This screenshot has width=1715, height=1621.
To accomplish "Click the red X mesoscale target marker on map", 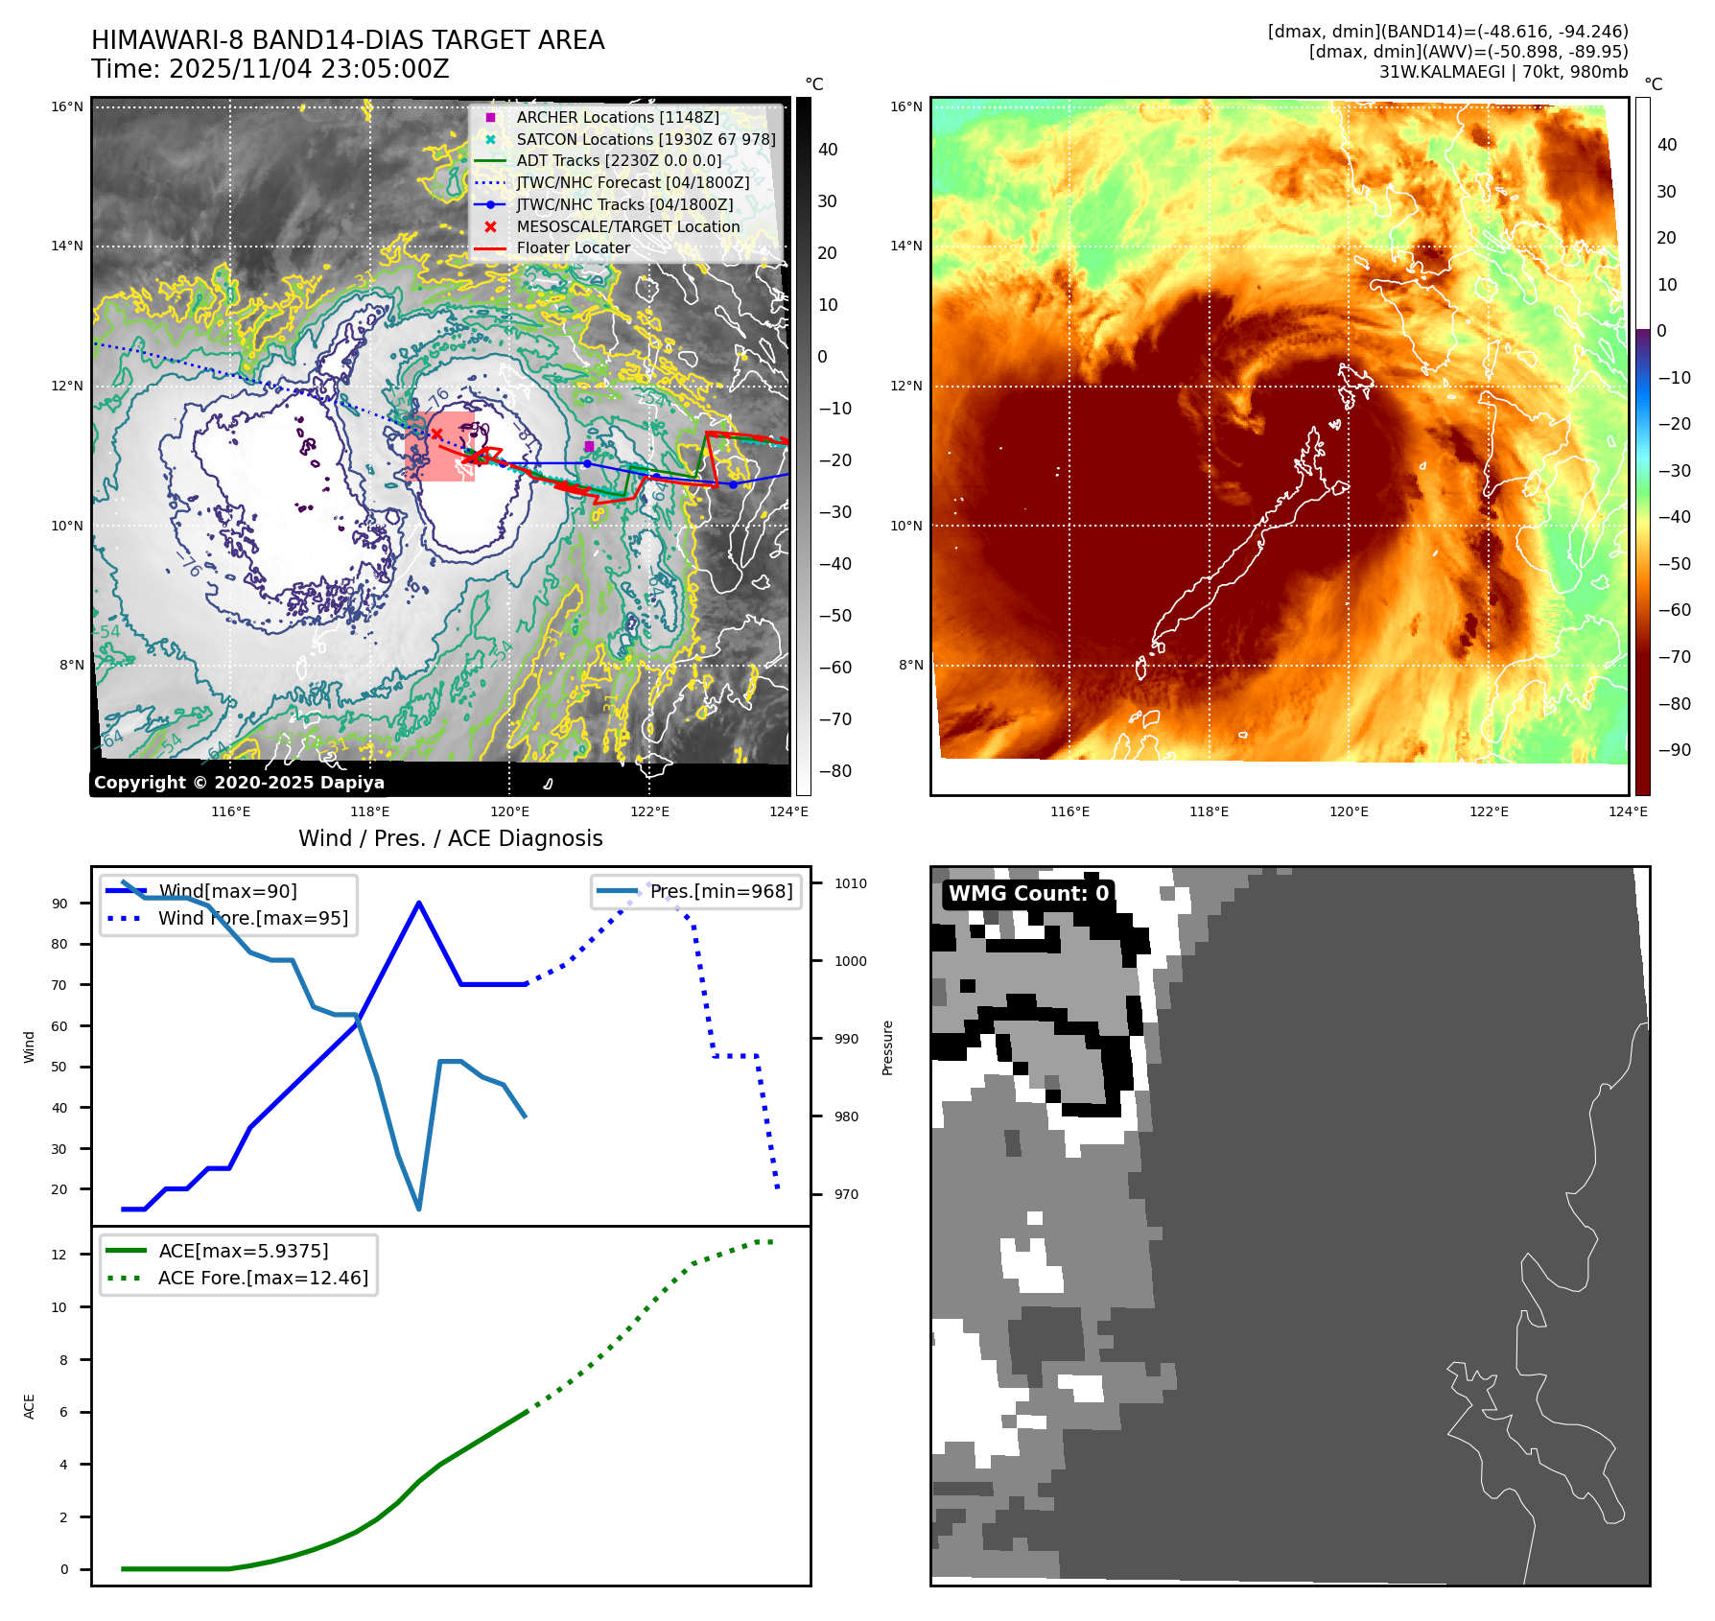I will tap(436, 435).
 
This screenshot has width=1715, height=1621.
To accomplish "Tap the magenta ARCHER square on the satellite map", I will tap(589, 446).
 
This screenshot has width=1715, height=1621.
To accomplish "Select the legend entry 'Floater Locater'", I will tap(573, 248).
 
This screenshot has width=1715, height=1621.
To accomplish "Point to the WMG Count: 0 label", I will tap(1028, 894).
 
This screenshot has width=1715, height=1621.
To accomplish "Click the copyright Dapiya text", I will tap(239, 783).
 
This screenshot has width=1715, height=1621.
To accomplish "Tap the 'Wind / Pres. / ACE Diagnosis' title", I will tap(451, 838).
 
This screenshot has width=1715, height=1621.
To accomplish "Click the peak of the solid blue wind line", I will tap(419, 903).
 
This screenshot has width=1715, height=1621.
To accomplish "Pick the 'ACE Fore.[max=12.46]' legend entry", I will tap(262, 1278).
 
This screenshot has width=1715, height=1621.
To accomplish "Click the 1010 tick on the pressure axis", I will tap(850, 883).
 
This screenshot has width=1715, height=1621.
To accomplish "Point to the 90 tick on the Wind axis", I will tap(60, 904).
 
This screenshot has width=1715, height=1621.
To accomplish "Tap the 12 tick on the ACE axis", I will tap(59, 1255).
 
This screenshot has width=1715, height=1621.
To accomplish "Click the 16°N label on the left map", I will tap(67, 106).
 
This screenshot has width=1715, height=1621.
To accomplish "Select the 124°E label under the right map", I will tap(1628, 811).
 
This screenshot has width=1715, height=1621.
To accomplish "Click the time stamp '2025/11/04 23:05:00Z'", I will tap(309, 69).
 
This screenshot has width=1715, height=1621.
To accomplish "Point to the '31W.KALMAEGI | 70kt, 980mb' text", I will tap(1503, 72).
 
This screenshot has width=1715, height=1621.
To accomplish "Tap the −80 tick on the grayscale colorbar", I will tap(834, 771).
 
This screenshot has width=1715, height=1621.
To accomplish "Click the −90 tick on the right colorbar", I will tap(1675, 750).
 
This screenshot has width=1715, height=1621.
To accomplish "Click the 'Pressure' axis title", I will tap(888, 1047).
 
